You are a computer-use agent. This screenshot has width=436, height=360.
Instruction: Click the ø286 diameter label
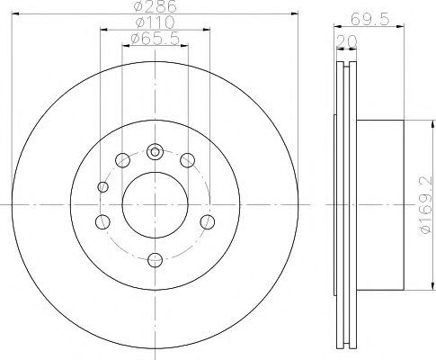coord(152,8)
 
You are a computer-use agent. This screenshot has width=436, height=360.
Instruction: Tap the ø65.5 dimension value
coord(153,38)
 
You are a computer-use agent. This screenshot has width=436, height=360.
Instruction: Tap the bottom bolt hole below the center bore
coord(154,259)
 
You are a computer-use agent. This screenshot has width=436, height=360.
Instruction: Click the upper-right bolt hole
coord(187,161)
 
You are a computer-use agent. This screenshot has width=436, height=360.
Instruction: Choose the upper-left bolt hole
coord(120,161)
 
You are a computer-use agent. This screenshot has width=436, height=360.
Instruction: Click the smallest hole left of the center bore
coord(102,187)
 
